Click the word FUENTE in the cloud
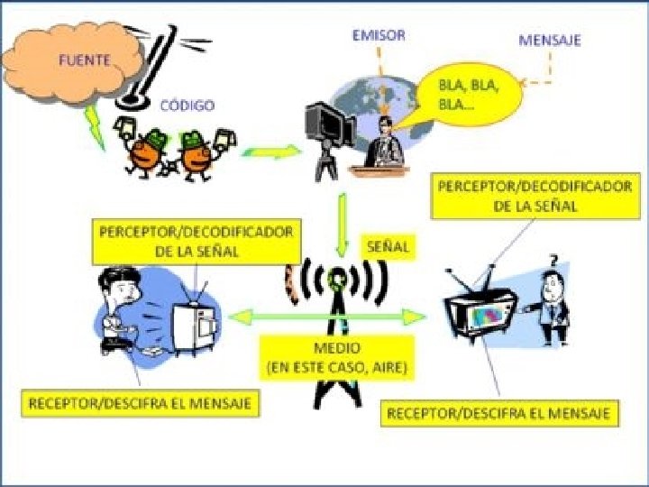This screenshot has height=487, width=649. [x=85, y=60]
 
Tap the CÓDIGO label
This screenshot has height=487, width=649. [x=187, y=106]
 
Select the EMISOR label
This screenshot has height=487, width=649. [x=379, y=35]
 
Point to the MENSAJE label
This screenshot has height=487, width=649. [x=550, y=41]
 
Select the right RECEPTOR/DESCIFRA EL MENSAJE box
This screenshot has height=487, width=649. [x=501, y=414]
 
